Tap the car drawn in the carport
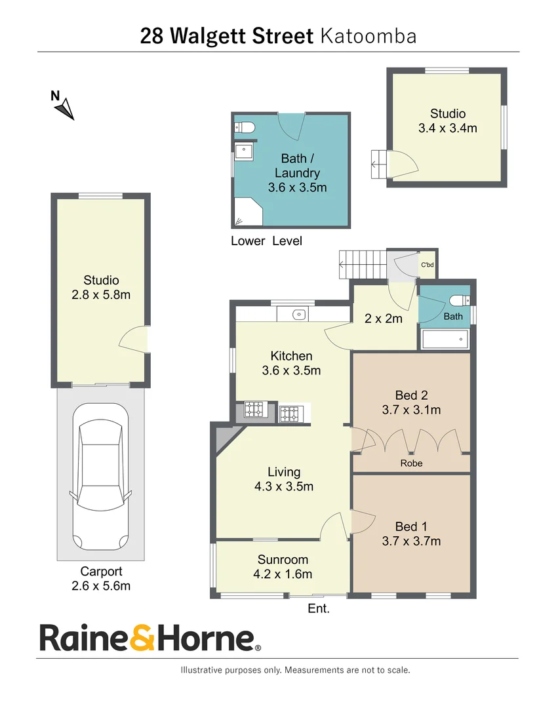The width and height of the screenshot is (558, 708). click(100, 478)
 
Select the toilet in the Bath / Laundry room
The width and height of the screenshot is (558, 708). click(244, 127)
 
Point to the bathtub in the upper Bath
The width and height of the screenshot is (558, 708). click(445, 340)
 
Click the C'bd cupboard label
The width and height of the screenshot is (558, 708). click(427, 265)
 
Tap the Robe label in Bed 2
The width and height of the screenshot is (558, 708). click(412, 463)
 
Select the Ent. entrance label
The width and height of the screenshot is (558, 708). click(319, 609)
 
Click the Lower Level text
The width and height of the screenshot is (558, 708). click(266, 241)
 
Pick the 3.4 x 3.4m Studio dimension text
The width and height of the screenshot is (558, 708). click(447, 128)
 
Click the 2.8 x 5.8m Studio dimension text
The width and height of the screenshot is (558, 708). click(101, 294)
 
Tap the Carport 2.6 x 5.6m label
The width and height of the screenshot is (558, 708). click(101, 578)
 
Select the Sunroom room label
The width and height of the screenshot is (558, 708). click(283, 560)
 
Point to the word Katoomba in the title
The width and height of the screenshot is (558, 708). click(369, 35)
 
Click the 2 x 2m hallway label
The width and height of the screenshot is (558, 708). click(384, 319)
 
